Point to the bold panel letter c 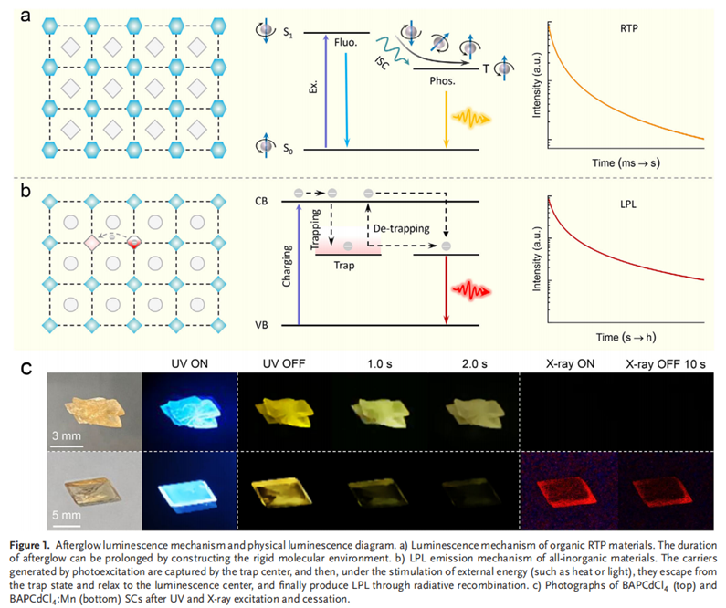click(x=27, y=369)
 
